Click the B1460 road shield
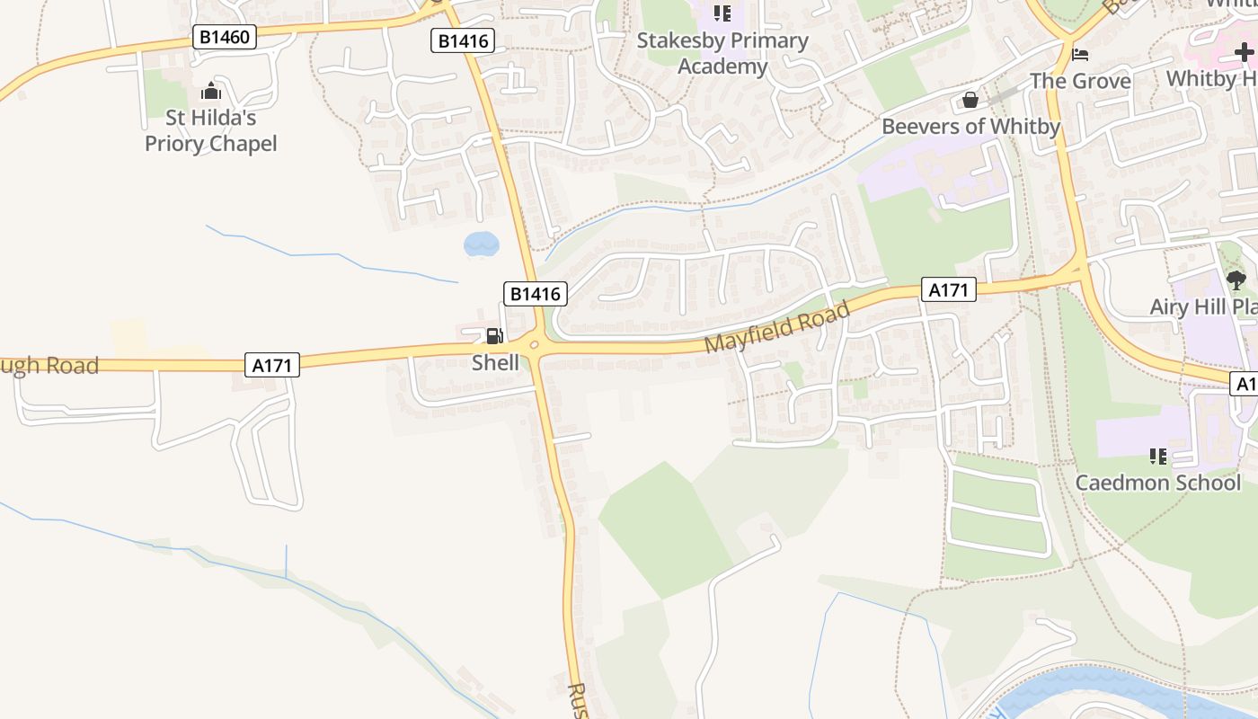[x=225, y=37]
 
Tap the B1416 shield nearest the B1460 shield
[x=463, y=40]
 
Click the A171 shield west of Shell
[x=271, y=364]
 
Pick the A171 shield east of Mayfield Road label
[x=948, y=289]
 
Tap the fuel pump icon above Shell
[x=494, y=337]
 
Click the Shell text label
[x=495, y=362]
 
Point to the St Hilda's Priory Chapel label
[x=211, y=130]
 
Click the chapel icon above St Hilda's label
[x=211, y=91]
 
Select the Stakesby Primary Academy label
[x=722, y=53]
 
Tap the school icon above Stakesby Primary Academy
[x=722, y=13]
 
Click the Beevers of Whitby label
[x=970, y=126]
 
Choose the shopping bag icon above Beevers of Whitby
[x=970, y=100]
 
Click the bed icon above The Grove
[x=1080, y=55]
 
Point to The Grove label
[x=1080, y=81]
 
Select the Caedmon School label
[x=1158, y=483]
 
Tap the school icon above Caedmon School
[x=1158, y=457]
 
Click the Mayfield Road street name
[x=776, y=327]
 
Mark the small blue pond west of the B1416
[x=481, y=244]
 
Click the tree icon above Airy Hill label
[x=1236, y=280]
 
